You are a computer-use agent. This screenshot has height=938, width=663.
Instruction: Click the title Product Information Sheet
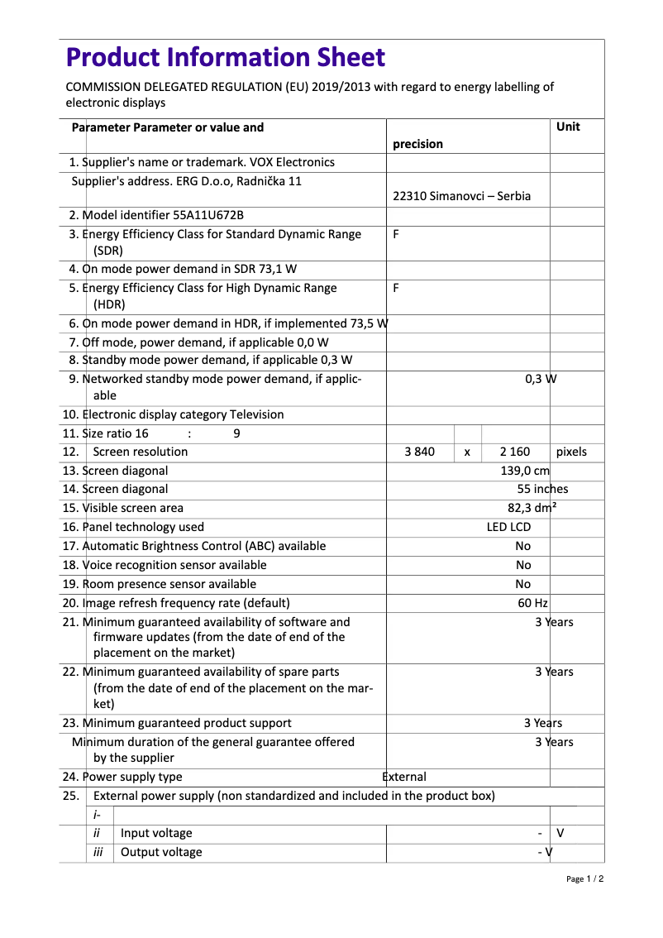[225, 57]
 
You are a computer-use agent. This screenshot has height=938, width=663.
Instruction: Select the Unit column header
[568, 127]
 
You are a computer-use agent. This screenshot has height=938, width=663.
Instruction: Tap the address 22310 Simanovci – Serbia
[461, 196]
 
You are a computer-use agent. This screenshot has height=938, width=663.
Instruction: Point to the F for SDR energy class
[396, 234]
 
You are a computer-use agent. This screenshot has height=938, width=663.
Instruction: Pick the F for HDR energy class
[396, 288]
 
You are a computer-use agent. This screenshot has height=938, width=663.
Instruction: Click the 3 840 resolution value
[420, 452]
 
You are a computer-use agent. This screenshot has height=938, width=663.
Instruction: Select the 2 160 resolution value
[515, 452]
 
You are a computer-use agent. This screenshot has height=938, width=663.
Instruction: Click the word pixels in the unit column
[571, 452]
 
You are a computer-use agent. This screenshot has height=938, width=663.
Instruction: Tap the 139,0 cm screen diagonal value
[525, 471]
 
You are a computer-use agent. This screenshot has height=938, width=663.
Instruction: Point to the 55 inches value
[542, 489]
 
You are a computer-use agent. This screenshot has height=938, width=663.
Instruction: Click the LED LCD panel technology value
[508, 527]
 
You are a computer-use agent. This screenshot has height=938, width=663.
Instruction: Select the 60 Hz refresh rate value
[532, 603]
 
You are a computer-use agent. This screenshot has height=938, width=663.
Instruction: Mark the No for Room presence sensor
[523, 584]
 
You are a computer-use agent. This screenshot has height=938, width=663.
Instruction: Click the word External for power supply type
[404, 777]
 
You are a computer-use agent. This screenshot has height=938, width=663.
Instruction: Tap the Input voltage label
[156, 833]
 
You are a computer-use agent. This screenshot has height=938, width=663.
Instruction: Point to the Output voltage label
[161, 852]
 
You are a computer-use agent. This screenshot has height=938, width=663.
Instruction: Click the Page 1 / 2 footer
[584, 878]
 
